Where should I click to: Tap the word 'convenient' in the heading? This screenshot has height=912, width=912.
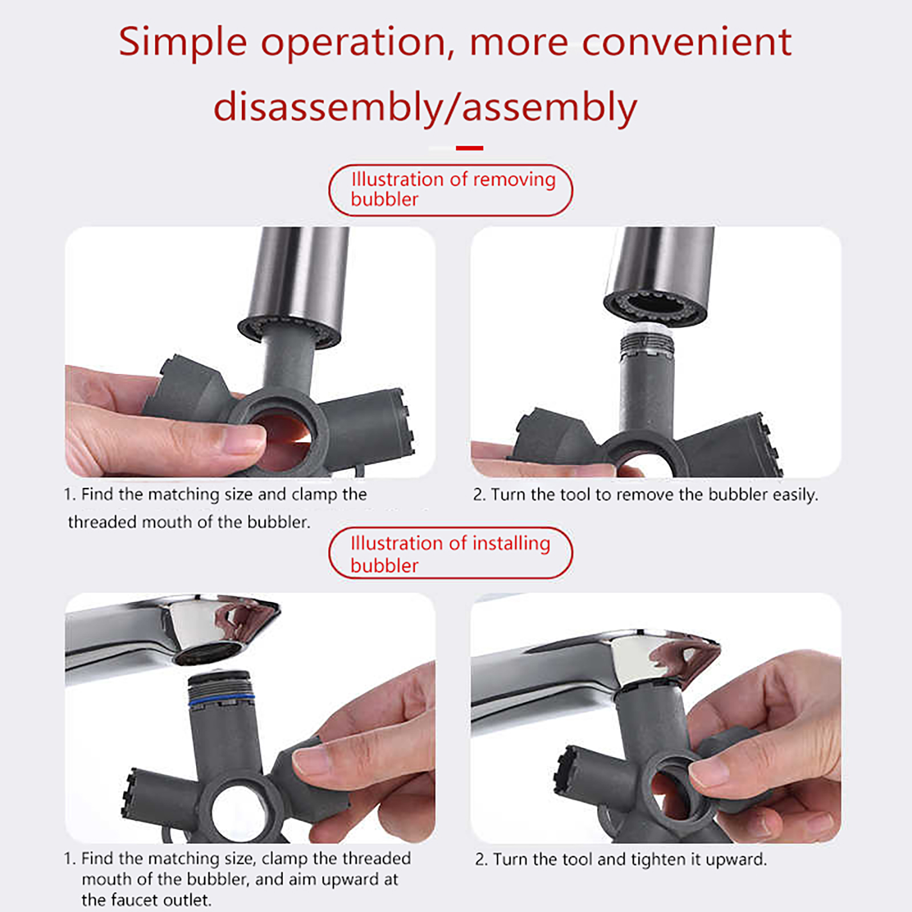click(687, 42)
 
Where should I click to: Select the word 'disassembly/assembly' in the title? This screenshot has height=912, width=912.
click(425, 108)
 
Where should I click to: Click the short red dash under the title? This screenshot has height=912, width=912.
click(470, 148)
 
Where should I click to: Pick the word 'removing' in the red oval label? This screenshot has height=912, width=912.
click(514, 180)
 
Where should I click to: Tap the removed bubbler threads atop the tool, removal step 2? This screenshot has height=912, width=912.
click(646, 342)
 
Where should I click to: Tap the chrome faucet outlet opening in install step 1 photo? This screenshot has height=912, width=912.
click(207, 653)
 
